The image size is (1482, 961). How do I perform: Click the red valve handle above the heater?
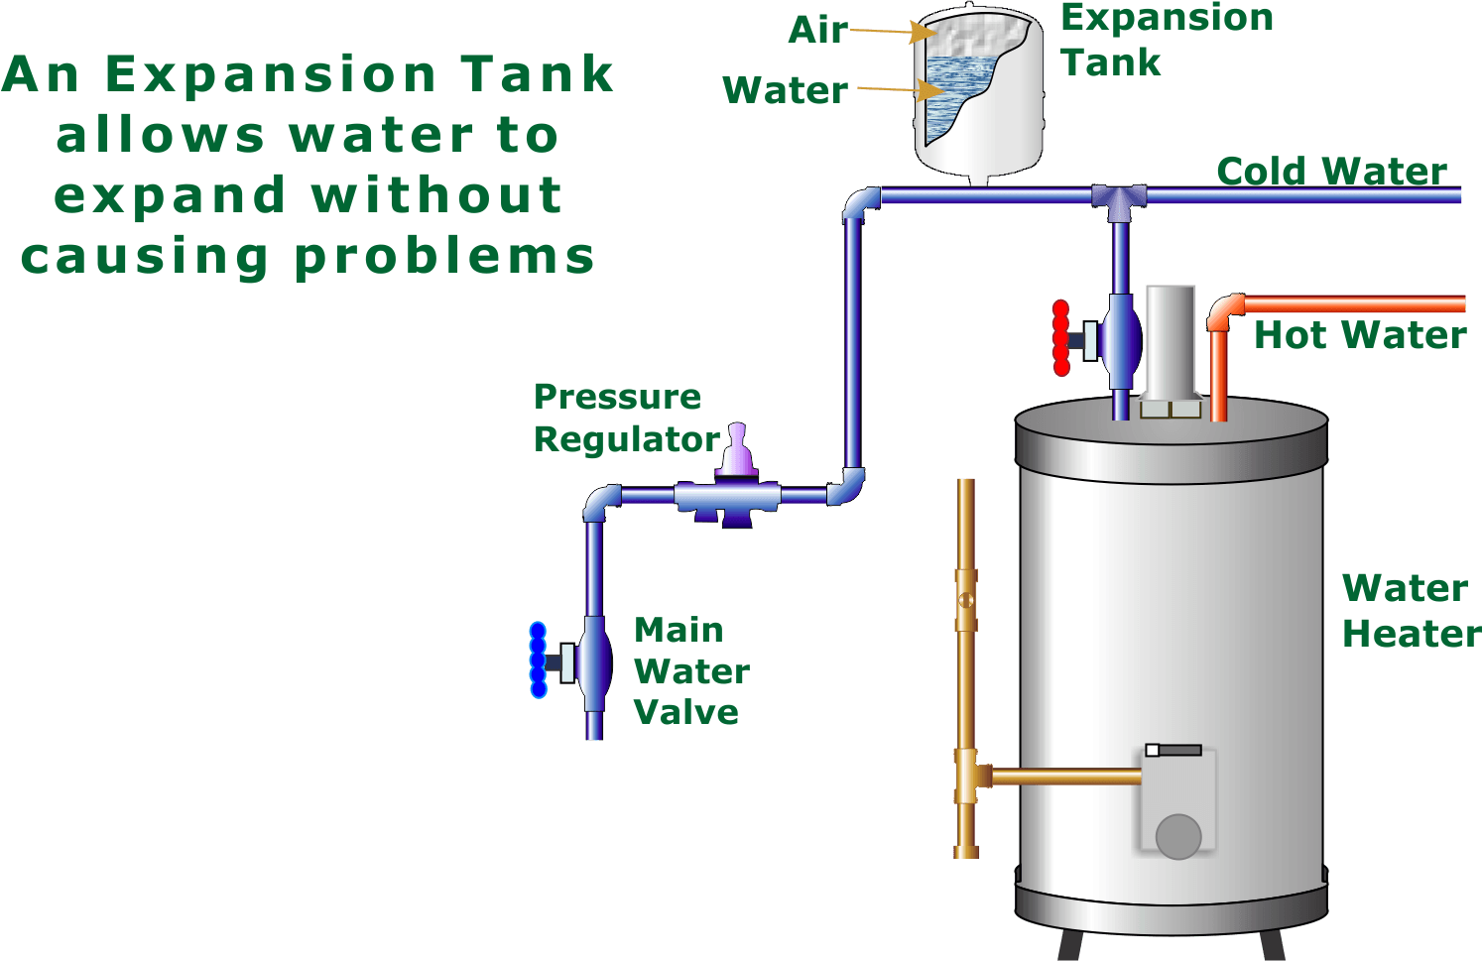tap(1061, 338)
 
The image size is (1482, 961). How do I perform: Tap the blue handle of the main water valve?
tap(539, 661)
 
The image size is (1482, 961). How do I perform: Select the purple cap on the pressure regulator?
tap(737, 449)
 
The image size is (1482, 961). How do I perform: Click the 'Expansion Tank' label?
tap(1168, 40)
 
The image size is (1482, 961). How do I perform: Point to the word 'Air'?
tap(818, 31)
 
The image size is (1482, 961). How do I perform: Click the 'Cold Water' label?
tap(1332, 172)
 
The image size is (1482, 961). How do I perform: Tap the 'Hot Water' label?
tap(1360, 334)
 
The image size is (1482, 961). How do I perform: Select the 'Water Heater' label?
tap(1412, 611)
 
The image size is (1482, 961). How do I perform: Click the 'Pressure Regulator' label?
tap(627, 418)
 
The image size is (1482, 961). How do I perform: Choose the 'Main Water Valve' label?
tap(692, 670)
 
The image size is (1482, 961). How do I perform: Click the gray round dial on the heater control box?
tap(1178, 837)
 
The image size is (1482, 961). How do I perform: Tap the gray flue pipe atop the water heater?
tap(1171, 350)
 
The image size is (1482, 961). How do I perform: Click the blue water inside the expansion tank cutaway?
tap(951, 92)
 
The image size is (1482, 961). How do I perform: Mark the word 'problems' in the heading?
tap(444, 257)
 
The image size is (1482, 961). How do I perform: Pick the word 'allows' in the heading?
tap(161, 135)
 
